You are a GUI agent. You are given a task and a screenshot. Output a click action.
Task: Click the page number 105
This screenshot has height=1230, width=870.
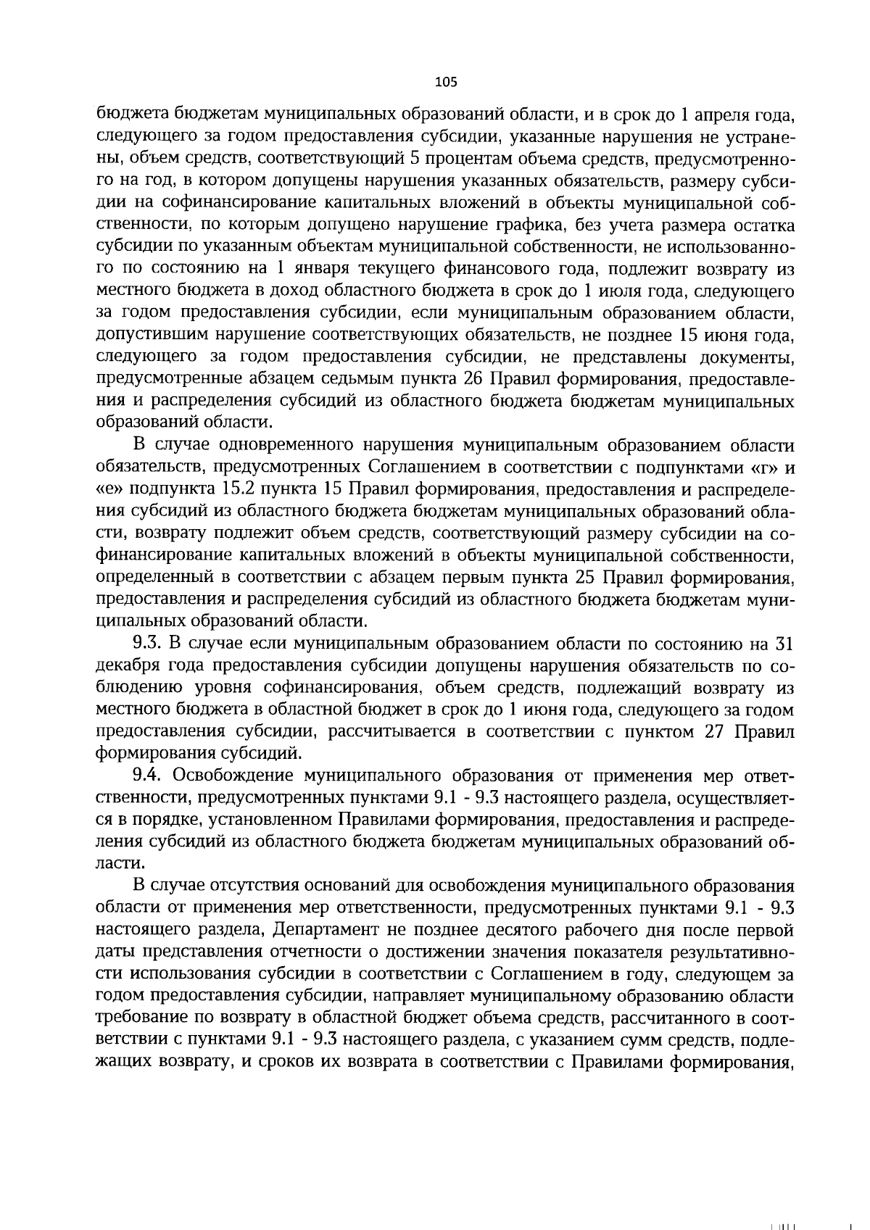pos(446,82)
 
